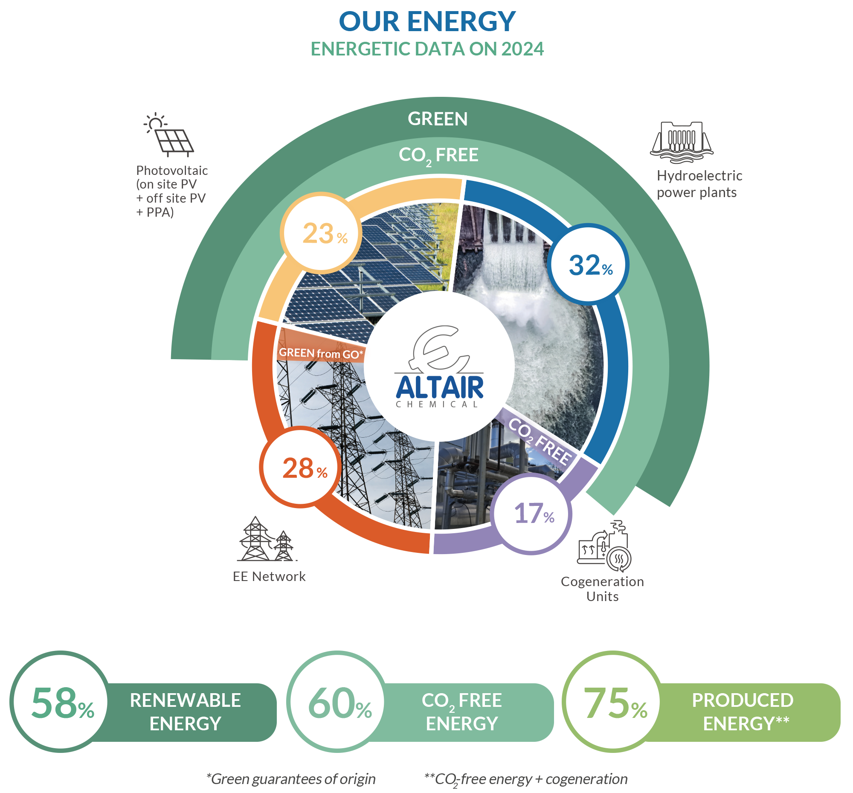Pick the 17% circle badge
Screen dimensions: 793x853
532,513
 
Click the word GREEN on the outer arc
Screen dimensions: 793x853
437,119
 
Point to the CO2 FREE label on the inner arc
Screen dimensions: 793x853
438,155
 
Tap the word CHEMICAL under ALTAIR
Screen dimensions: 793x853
436,404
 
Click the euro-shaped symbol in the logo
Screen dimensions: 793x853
438,348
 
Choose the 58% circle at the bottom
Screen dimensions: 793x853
61,702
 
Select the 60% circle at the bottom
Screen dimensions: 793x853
338,702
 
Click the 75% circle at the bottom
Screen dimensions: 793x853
613,702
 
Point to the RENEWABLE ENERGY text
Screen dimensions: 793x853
186,712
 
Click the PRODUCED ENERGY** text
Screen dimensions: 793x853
742,712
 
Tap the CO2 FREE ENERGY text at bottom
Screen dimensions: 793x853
461,712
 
